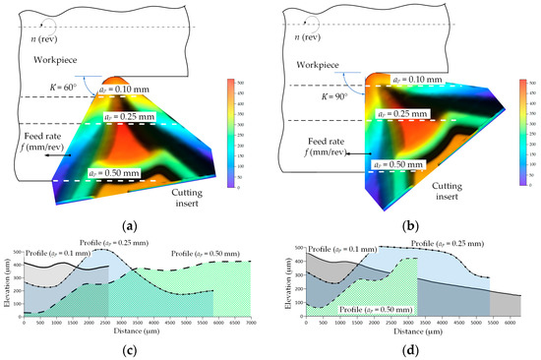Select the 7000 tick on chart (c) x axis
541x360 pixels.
pos(251,322)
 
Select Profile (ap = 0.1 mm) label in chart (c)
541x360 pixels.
pos(59,253)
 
